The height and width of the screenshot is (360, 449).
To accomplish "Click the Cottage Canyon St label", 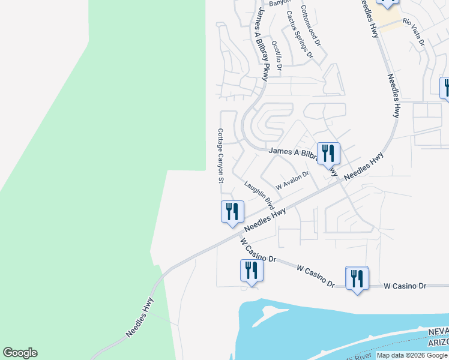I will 220,155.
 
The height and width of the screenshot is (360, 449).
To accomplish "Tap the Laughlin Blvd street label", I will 263,195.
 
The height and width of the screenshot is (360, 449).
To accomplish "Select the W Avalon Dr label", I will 292,179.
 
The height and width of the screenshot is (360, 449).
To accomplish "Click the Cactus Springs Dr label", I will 300,34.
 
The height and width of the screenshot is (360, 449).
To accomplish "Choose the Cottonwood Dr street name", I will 311,26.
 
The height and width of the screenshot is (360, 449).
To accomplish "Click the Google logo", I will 20,353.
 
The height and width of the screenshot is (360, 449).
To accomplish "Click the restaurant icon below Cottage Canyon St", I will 231,212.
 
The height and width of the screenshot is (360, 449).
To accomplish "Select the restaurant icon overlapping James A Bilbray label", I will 328,153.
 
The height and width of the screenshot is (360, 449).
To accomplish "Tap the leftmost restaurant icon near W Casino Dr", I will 252,271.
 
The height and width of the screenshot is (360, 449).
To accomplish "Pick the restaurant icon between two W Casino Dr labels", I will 357,278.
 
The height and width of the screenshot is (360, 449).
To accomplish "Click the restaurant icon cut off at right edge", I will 445,88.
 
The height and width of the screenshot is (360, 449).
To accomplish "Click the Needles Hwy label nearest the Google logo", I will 140,316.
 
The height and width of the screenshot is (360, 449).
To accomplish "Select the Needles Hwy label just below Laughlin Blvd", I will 265,221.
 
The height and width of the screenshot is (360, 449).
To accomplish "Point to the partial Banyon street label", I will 280,3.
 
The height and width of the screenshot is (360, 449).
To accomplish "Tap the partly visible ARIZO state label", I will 439,342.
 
